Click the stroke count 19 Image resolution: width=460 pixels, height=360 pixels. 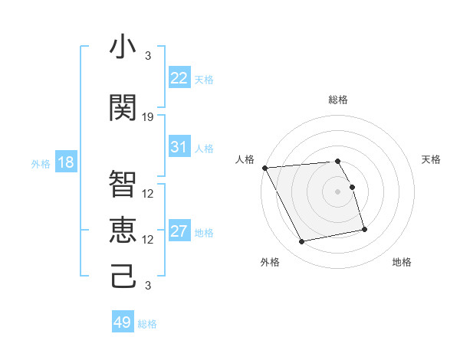(148, 117)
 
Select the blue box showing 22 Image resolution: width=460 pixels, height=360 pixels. (179, 78)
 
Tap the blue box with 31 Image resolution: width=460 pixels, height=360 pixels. (179, 147)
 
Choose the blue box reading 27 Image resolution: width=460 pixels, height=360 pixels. (179, 231)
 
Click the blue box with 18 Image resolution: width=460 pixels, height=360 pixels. (65, 162)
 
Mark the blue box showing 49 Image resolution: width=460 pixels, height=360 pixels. (123, 322)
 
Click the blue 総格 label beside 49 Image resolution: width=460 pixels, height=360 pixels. (147, 324)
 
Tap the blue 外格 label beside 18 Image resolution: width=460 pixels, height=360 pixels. (41, 164)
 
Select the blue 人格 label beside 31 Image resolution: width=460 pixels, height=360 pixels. (204, 149)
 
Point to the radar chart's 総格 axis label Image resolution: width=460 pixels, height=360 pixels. (337, 100)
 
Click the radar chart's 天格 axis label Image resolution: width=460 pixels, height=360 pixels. (431, 159)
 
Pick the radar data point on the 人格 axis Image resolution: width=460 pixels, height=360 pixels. (264, 168)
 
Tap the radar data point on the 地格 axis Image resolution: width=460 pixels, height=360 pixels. (364, 229)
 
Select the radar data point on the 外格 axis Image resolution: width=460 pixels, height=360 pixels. (302, 242)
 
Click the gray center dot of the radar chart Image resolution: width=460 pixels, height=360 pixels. (337, 191)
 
